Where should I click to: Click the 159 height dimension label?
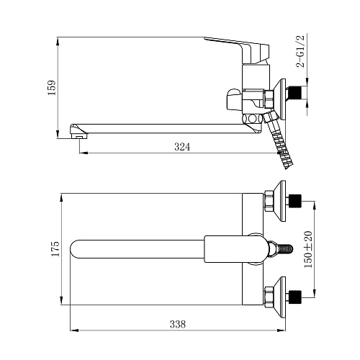pyautogui.click(x=53, y=88)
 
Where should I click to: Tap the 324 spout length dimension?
pyautogui.click(x=182, y=147)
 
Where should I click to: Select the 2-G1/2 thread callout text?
pyautogui.click(x=300, y=51)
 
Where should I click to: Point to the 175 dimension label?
pyautogui.click(x=55, y=249)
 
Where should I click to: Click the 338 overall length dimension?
pyautogui.click(x=178, y=324)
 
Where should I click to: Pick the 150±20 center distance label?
pyautogui.click(x=308, y=249)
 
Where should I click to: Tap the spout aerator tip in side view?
pyautogui.click(x=79, y=132)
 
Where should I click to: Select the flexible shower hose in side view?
pyautogui.click(x=280, y=142)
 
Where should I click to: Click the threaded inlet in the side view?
pyautogui.click(x=294, y=92)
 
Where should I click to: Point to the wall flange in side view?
pyautogui.click(x=280, y=99)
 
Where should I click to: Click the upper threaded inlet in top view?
pyautogui.click(x=295, y=201)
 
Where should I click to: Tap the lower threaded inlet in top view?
pyautogui.click(x=295, y=297)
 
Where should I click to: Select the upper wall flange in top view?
pyautogui.click(x=280, y=201)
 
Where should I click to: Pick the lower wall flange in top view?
pyautogui.click(x=280, y=297)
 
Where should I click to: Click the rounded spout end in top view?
pyautogui.click(x=75, y=249)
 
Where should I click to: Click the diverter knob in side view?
pyautogui.click(x=234, y=100)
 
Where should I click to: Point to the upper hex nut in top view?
pyautogui.click(x=269, y=201)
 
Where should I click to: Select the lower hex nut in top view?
pyautogui.click(x=269, y=297)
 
